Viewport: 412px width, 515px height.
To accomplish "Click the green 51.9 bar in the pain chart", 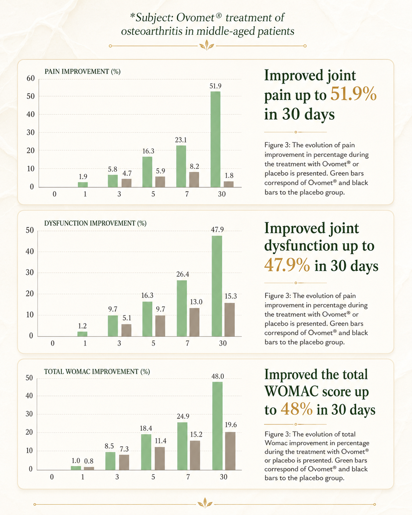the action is click(x=215, y=139).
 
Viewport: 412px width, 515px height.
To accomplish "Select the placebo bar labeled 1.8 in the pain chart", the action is click(x=228, y=184).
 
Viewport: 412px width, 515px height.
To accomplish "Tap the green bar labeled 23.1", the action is click(x=181, y=166).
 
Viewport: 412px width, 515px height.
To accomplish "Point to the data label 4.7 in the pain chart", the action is click(x=127, y=173).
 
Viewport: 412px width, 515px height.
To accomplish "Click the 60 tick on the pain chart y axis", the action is click(x=30, y=78).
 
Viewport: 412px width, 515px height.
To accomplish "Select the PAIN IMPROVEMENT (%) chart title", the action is click(x=83, y=71).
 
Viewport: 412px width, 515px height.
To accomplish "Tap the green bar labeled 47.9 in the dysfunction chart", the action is click(x=217, y=286).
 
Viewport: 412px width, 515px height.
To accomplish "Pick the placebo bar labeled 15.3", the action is click(x=230, y=320).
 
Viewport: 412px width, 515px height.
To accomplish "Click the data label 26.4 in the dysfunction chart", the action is click(x=183, y=274).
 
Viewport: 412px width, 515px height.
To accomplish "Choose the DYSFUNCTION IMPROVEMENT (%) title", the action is click(x=95, y=223).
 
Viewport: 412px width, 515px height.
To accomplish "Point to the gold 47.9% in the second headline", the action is click(x=287, y=265).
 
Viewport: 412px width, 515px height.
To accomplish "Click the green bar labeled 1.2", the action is click(x=82, y=334).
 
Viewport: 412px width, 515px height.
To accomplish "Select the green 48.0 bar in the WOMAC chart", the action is click(x=217, y=426).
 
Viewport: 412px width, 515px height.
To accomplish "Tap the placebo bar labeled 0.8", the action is click(x=89, y=468).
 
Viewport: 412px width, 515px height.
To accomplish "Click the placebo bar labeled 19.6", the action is click(x=230, y=451).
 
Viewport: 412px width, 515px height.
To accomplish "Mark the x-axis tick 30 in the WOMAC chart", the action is click(x=224, y=477).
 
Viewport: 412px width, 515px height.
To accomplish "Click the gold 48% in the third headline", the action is click(x=297, y=409).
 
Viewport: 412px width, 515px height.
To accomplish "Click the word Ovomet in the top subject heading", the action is click(x=199, y=18).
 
